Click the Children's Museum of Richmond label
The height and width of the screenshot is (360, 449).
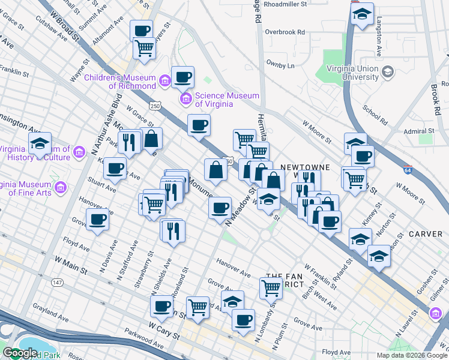pos(120,81)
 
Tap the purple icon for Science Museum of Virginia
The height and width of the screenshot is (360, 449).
pos(185,98)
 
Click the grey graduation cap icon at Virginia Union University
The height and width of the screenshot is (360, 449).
pos(388,73)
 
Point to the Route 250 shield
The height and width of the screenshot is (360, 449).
pos(155,106)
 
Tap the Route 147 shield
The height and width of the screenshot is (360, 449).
pos(57,282)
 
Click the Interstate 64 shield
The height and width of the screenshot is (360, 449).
pos(408,170)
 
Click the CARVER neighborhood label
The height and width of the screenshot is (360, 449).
pos(426,233)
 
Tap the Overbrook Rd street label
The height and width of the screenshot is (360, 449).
pos(285,32)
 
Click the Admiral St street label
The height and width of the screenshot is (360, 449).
pos(418,131)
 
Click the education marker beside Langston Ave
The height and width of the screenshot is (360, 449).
pos(362,14)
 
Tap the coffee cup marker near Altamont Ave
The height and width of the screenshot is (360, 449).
pos(142,31)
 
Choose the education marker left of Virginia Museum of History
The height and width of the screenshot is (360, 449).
pos(40,144)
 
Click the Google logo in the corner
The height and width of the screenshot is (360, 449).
pos(19,353)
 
